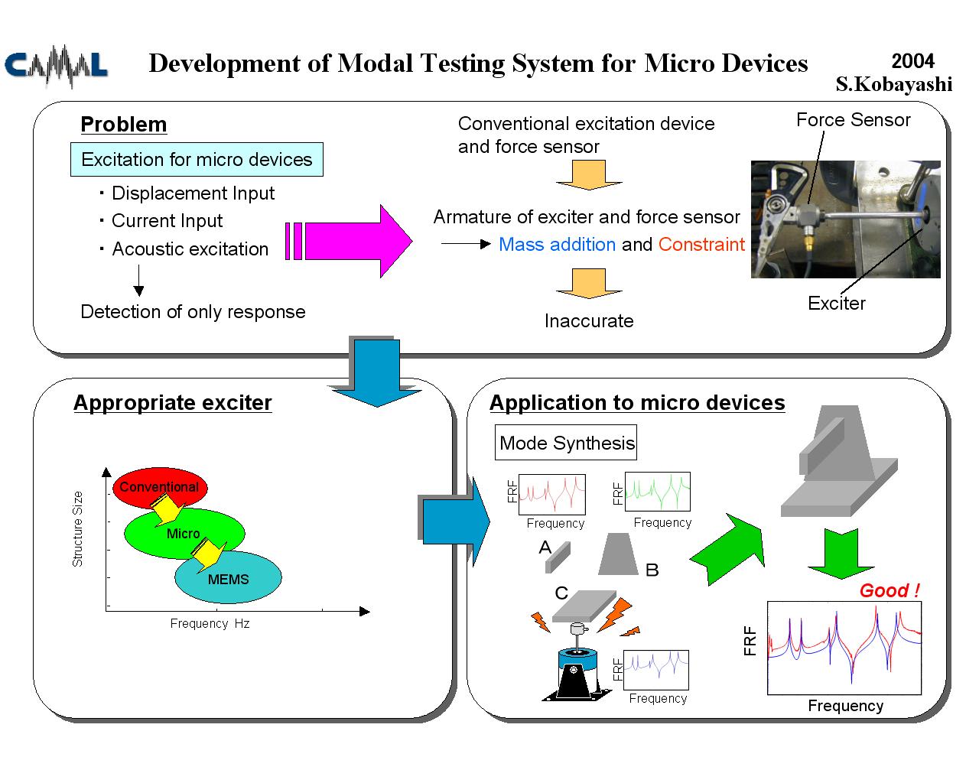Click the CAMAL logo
[56, 66]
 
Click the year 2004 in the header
[912, 61]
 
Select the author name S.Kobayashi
[893, 84]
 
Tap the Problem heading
[124, 124]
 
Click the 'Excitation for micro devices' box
[197, 159]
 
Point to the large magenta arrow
[350, 241]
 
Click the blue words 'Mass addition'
[557, 245]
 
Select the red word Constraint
[701, 245]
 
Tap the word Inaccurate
[589, 320]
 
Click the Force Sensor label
[853, 119]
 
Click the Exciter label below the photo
[836, 303]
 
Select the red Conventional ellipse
[160, 488]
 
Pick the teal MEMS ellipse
[229, 577]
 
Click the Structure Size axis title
[78, 528]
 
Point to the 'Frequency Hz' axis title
[210, 623]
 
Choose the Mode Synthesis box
[565, 442]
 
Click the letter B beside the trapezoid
[652, 570]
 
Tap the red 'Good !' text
[889, 590]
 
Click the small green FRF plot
[657, 492]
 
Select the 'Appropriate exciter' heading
[172, 403]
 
